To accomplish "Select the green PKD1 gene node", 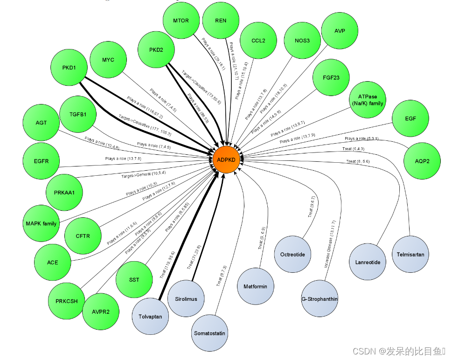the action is click(x=69, y=68).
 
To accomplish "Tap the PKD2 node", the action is click(x=156, y=49).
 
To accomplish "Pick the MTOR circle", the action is click(x=181, y=21).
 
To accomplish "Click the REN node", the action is click(x=221, y=21).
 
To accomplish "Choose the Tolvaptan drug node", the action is click(x=150, y=317).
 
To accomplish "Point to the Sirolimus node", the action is click(x=186, y=299).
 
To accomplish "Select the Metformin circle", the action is click(x=255, y=286).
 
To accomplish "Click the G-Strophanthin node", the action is click(x=320, y=299).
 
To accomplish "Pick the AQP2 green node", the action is click(x=422, y=160).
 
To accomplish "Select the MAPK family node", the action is click(x=41, y=223).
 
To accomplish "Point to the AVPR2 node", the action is click(x=101, y=312).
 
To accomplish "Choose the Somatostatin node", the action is click(x=209, y=333).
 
